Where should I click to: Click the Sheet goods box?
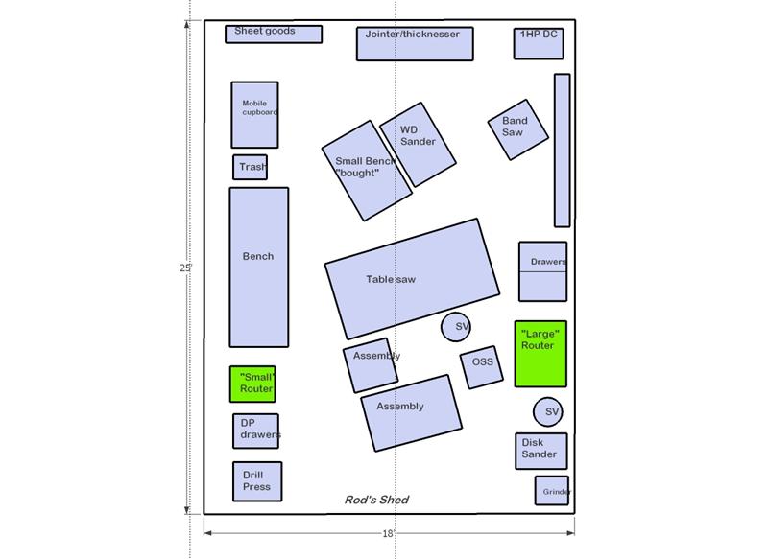click(x=274, y=35)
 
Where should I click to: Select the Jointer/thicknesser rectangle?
click(x=415, y=44)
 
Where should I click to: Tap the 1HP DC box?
click(x=539, y=43)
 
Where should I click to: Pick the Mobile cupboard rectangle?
click(x=254, y=115)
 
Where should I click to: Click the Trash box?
click(x=250, y=167)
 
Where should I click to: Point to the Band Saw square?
click(x=518, y=129)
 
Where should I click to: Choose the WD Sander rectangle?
click(x=418, y=144)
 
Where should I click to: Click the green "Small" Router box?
click(x=252, y=384)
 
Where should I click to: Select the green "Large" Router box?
click(x=540, y=354)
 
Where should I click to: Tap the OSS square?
click(x=482, y=367)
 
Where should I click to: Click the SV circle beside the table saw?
click(x=456, y=327)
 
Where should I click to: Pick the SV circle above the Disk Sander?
click(x=547, y=411)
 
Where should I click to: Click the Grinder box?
click(x=552, y=491)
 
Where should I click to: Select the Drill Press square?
click(x=257, y=481)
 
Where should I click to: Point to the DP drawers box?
click(x=255, y=431)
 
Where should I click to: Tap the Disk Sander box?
click(x=541, y=451)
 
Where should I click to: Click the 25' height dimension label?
click(x=185, y=268)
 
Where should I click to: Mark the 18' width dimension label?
click(x=389, y=533)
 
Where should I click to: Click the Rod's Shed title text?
click(x=376, y=500)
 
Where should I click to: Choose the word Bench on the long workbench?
click(x=258, y=256)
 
